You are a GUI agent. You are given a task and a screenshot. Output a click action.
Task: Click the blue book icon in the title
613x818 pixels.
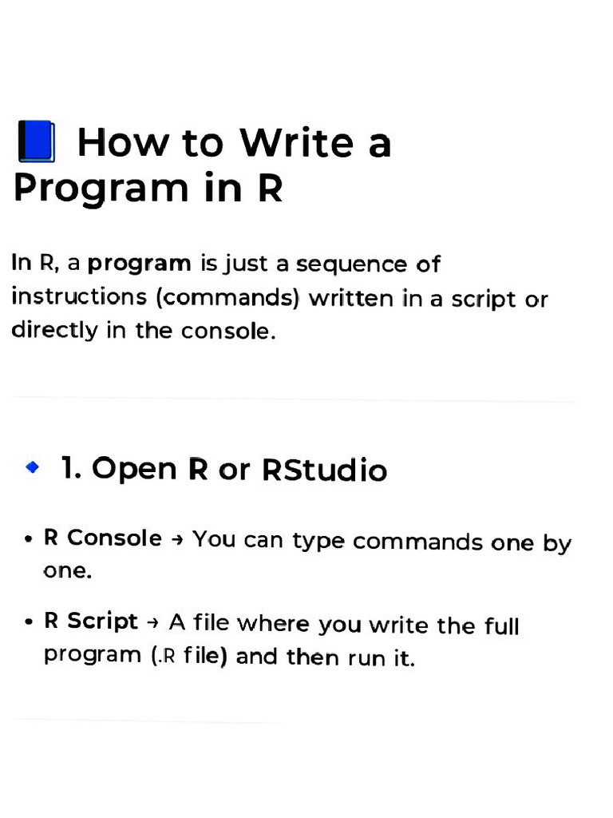(36, 142)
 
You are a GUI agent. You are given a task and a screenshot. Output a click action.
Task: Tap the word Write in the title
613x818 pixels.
(296, 143)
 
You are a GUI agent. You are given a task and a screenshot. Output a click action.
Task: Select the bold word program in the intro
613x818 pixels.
(140, 264)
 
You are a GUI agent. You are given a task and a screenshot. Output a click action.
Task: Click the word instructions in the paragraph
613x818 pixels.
(79, 297)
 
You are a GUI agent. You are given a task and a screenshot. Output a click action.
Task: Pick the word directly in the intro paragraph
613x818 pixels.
(55, 330)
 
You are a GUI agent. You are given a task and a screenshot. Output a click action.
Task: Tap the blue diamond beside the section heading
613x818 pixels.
(32, 467)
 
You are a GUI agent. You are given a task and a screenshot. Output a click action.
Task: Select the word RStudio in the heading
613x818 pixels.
(324, 470)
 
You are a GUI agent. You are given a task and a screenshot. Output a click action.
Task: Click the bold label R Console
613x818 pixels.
(103, 538)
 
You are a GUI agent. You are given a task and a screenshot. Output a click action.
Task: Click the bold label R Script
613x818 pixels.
(91, 621)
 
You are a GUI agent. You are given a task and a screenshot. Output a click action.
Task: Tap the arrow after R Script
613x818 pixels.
(154, 622)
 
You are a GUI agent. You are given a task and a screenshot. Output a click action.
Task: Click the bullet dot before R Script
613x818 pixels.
(28, 622)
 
